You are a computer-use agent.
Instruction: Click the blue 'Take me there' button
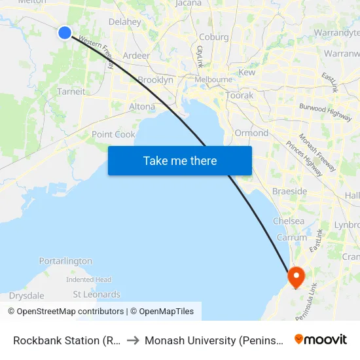(180, 160)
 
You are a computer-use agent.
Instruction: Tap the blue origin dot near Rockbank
(65, 32)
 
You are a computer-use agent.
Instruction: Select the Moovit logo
(321, 339)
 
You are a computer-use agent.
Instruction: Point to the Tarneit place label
(71, 92)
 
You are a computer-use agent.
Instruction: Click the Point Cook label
(113, 134)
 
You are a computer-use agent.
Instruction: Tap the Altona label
(142, 106)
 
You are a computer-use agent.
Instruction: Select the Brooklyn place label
(155, 80)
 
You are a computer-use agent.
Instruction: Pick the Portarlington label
(65, 261)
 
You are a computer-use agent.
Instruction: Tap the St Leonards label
(96, 295)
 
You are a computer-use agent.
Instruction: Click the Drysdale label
(26, 296)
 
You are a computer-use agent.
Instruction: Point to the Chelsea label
(289, 221)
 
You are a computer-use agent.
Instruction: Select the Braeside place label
(290, 191)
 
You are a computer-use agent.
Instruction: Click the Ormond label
(251, 133)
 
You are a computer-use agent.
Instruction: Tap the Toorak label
(239, 96)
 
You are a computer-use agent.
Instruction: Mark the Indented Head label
(88, 279)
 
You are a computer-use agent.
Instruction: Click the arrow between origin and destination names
(133, 340)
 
